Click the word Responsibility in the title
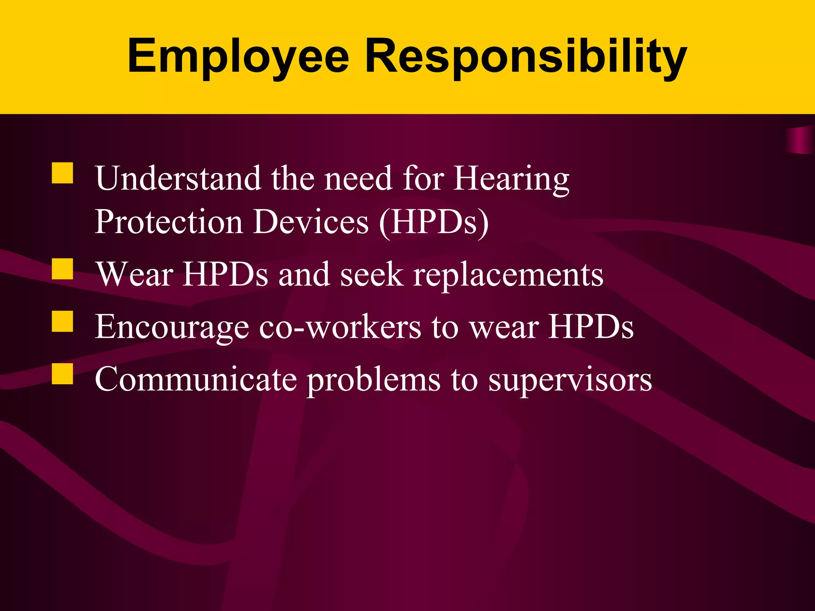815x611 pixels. [x=526, y=56]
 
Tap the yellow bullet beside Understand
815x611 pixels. [x=62, y=173]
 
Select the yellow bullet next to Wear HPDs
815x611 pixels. [x=62, y=269]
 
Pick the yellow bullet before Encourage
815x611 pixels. [x=62, y=321]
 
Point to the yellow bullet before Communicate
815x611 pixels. [x=62, y=374]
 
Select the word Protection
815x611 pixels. [x=169, y=221]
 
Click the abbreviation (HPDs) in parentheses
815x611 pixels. [x=434, y=222]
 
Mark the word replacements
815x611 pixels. [x=508, y=275]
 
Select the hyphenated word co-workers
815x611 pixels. [x=340, y=327]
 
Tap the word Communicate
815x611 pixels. [x=196, y=379]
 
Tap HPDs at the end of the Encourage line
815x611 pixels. [x=591, y=327]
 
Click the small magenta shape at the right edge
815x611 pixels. [x=801, y=140]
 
